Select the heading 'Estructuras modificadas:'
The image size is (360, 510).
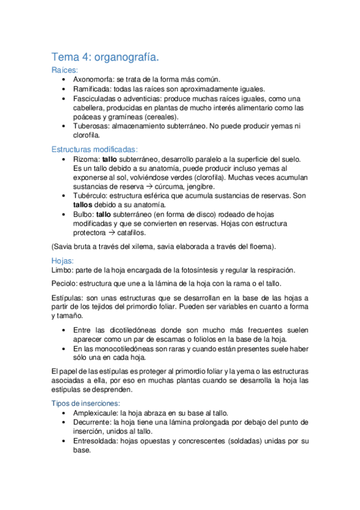click(x=94, y=149)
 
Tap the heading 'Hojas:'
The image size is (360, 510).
click(x=63, y=261)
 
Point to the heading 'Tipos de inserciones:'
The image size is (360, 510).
click(x=89, y=402)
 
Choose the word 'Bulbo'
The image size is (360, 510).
click(x=84, y=214)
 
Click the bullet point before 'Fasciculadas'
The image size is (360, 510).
click(x=64, y=99)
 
